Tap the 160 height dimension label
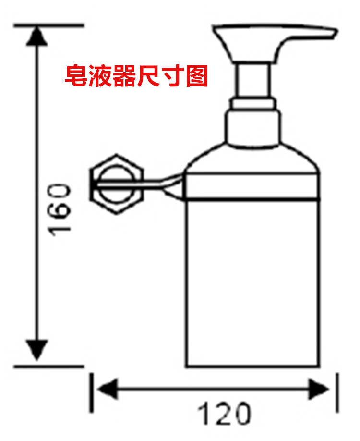[x=62, y=208]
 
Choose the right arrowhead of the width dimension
[x=319, y=387]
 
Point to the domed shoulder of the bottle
[x=253, y=161]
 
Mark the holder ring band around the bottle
[x=253, y=187]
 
